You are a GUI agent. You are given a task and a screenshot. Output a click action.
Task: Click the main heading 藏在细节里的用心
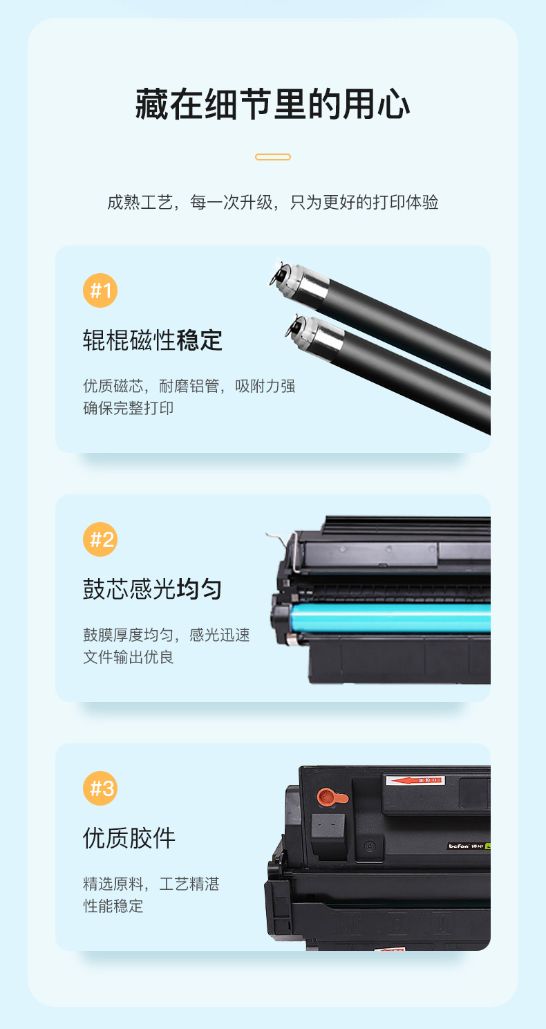[272, 104]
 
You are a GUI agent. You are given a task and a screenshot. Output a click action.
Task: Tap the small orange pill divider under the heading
[273, 157]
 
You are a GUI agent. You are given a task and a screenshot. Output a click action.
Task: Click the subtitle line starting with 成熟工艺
[273, 202]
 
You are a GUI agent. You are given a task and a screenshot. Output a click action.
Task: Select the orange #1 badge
[100, 290]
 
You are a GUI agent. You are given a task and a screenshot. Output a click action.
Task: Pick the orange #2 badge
[100, 539]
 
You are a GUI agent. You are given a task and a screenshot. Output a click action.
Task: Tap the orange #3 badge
[100, 788]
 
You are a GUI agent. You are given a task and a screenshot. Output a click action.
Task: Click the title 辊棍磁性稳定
[153, 340]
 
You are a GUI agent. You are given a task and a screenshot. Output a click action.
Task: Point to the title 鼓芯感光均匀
[153, 589]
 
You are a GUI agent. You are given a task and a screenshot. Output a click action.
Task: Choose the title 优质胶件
[129, 838]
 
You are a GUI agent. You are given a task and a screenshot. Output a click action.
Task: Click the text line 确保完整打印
[128, 408]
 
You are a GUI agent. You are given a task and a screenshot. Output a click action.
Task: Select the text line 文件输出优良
[128, 657]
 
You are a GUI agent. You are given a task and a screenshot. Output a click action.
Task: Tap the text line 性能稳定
[113, 906]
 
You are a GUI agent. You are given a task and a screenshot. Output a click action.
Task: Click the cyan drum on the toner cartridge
[390, 618]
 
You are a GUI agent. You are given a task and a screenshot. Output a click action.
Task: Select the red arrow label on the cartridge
[415, 780]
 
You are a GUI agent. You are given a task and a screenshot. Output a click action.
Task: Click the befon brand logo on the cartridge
[459, 846]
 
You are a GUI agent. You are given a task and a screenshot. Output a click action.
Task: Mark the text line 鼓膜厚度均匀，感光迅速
[167, 635]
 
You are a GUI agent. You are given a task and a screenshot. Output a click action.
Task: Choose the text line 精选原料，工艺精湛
[151, 884]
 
